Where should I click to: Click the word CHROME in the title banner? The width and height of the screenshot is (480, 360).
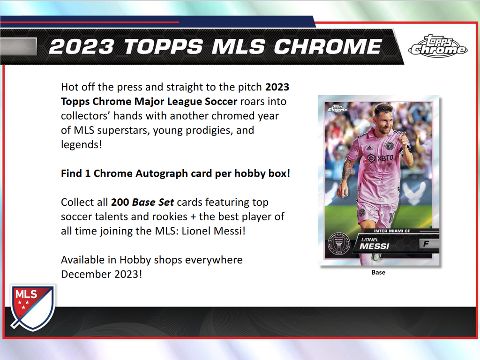tap(328, 46)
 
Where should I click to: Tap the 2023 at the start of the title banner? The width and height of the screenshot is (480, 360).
tap(81, 46)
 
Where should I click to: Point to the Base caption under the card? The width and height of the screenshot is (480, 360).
tap(378, 272)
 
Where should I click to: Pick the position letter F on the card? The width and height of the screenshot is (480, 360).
tap(426, 244)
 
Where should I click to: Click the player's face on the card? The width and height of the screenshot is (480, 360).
tap(385, 120)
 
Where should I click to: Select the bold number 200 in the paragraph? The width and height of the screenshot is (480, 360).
tap(120, 202)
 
